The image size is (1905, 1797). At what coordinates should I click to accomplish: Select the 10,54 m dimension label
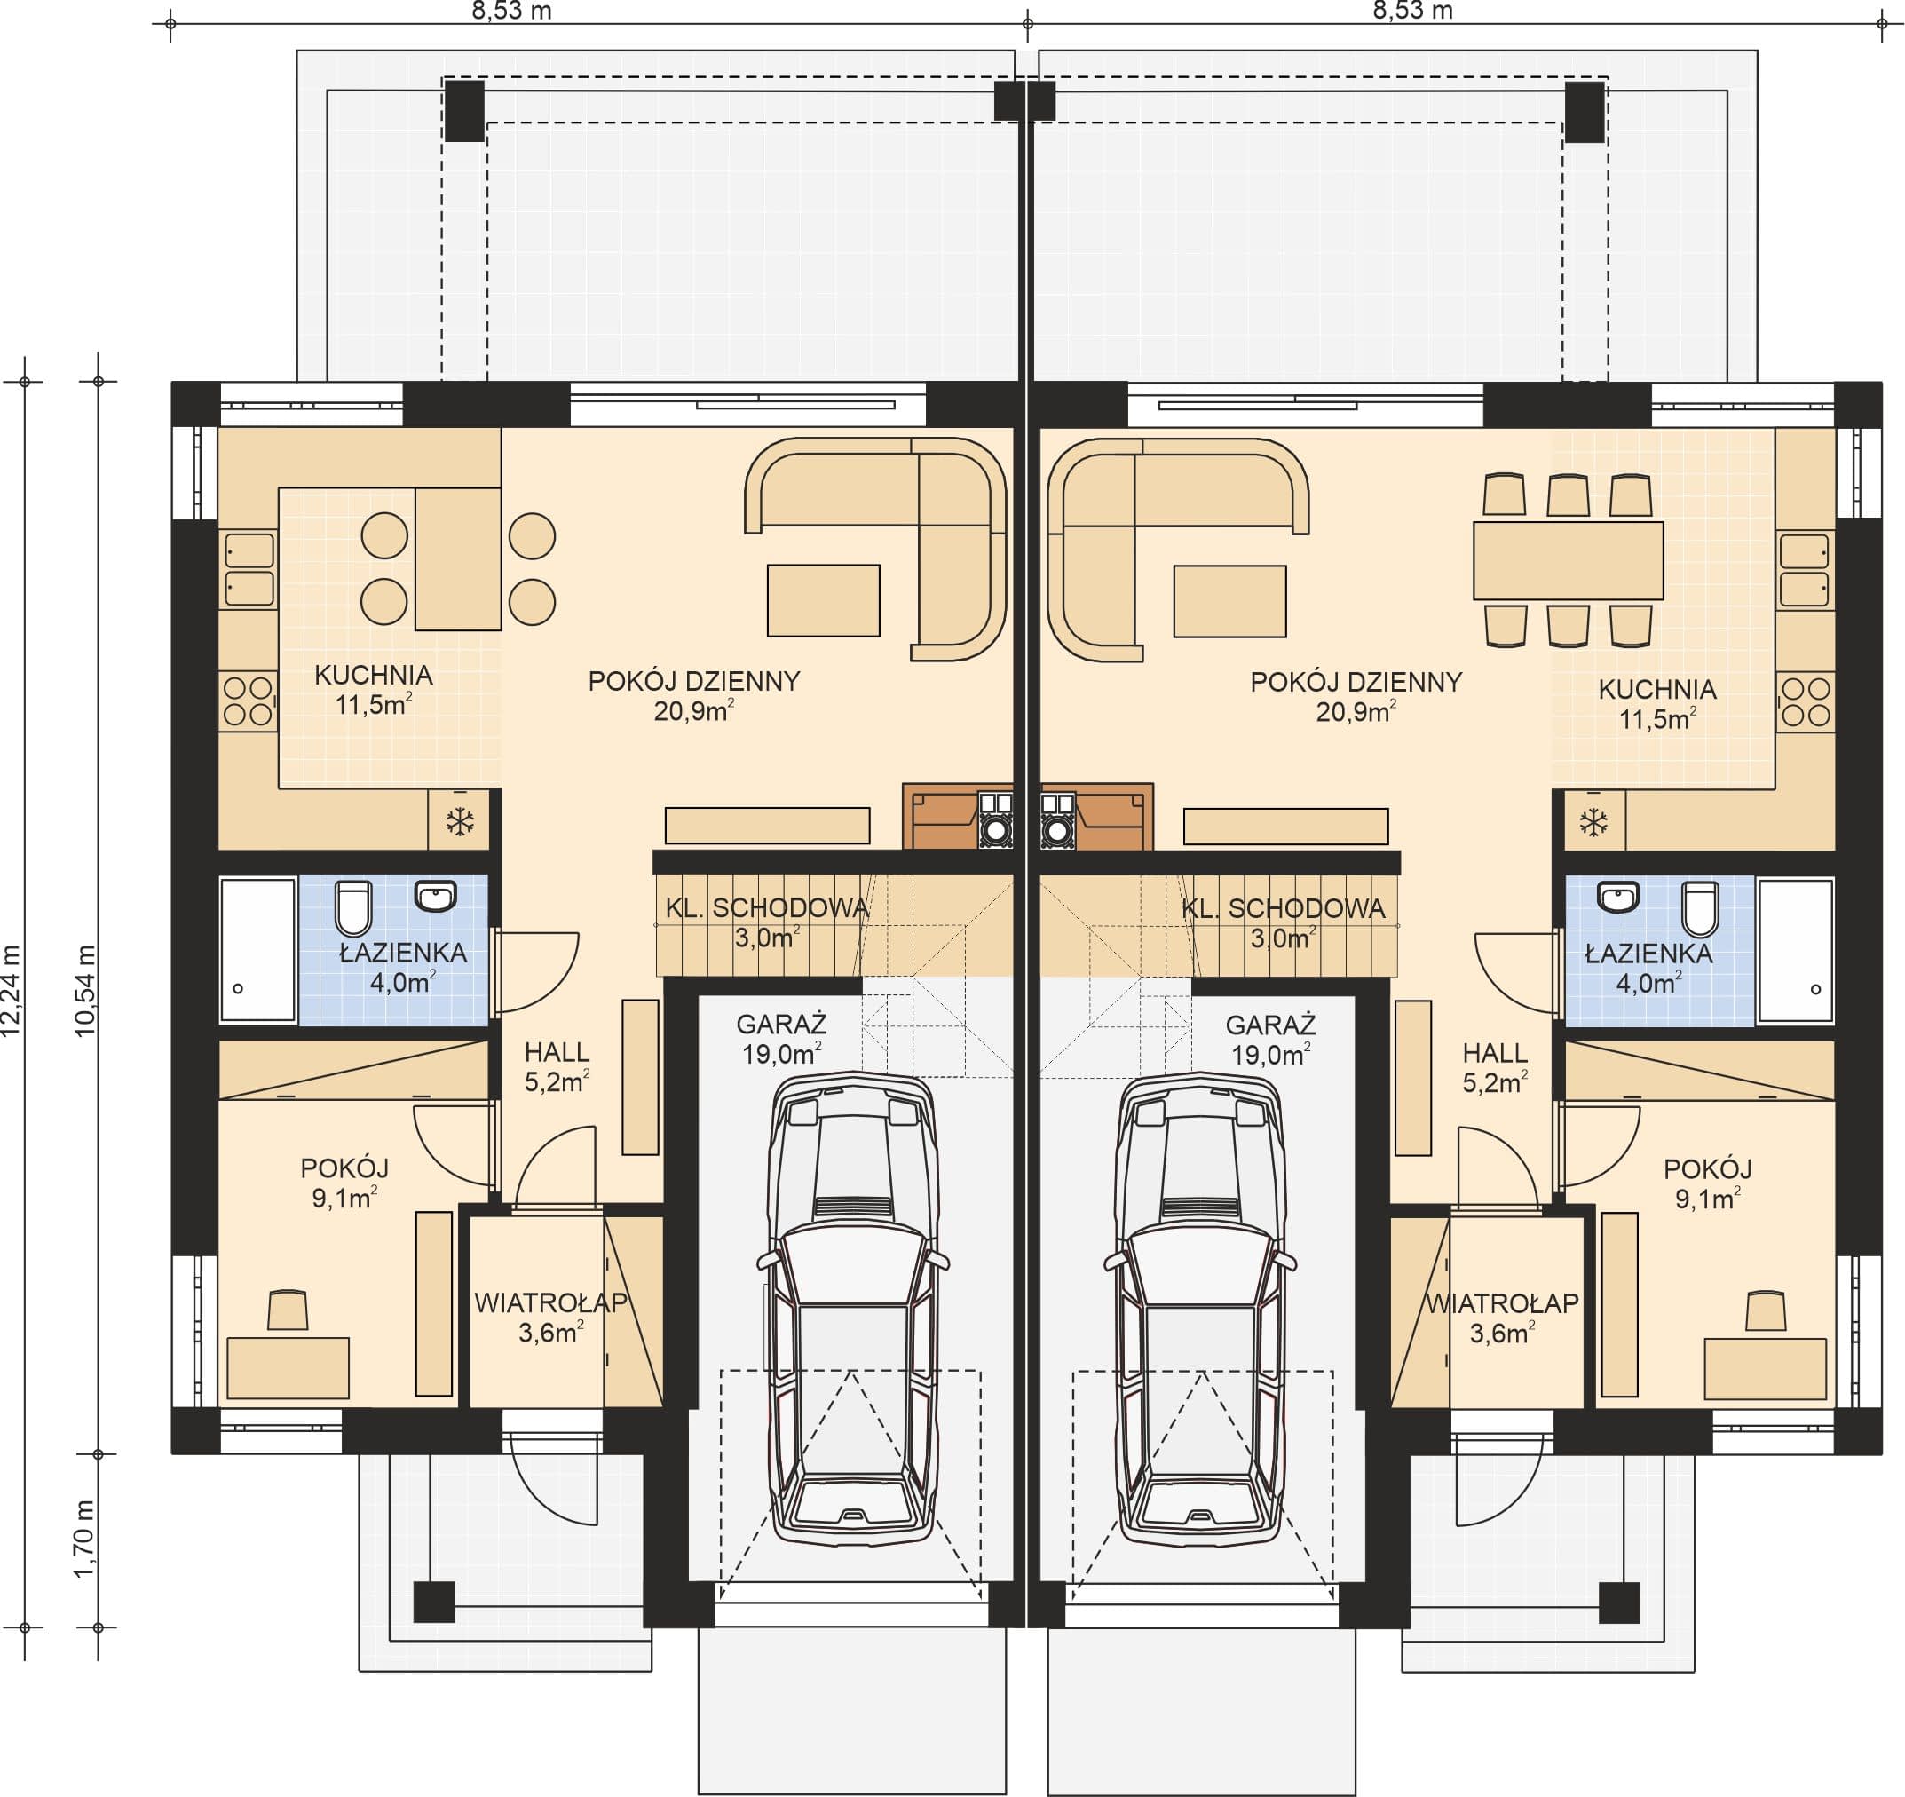(84, 991)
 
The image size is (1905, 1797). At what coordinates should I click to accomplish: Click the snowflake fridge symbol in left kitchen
(460, 821)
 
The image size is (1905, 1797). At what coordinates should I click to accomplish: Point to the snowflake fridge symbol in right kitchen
(1593, 821)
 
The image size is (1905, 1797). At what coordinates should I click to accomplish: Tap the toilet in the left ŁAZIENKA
(352, 907)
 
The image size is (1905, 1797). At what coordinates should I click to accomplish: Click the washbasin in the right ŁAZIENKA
(1618, 897)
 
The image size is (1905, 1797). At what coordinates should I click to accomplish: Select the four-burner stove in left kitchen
(249, 701)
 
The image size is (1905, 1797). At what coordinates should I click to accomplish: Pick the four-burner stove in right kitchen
(1806, 701)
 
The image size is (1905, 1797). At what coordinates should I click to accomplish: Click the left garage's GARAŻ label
(782, 1025)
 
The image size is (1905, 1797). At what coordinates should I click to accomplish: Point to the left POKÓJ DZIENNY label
(694, 682)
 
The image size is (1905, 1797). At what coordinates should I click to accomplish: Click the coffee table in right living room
(1230, 601)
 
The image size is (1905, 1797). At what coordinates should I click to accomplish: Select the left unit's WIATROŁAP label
(551, 1302)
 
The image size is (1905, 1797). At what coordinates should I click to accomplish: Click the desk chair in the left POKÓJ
(288, 1310)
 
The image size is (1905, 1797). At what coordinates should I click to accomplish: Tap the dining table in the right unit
(1568, 560)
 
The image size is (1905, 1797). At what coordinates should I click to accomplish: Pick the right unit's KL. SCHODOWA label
(1283, 908)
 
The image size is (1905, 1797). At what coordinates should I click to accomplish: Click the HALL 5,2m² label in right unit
(1495, 1068)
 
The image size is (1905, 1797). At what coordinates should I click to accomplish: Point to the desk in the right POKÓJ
(1765, 1370)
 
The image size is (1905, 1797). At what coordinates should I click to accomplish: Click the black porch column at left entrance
(434, 1601)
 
